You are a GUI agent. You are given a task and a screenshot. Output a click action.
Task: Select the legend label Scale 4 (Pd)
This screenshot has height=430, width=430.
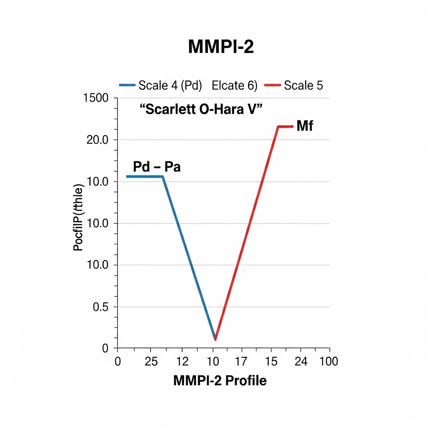[170, 85]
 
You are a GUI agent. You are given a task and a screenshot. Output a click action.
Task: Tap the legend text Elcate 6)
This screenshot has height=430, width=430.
[234, 85]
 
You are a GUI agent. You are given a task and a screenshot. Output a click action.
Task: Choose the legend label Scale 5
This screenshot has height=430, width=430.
[304, 85]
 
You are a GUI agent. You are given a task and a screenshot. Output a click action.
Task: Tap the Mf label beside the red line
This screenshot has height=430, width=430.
[305, 126]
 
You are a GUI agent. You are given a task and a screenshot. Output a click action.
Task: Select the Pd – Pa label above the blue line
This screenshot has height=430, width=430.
[157, 167]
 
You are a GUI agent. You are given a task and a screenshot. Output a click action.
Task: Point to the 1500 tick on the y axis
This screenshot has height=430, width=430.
[96, 98]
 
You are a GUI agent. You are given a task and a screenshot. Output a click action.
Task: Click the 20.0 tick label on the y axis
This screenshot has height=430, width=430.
[97, 140]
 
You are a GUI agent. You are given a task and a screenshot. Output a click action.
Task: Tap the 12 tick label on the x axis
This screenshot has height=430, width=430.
[182, 362]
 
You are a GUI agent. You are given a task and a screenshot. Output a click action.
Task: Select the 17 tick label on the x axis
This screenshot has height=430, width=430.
[241, 362]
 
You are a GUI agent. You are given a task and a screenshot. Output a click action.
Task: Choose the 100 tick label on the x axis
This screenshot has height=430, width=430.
[328, 362]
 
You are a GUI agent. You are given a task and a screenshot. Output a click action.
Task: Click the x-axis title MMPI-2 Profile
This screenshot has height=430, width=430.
[220, 381]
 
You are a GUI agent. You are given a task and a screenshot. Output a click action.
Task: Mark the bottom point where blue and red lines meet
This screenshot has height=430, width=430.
[215, 339]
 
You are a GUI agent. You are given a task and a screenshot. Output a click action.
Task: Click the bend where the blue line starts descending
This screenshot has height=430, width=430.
[163, 177]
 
